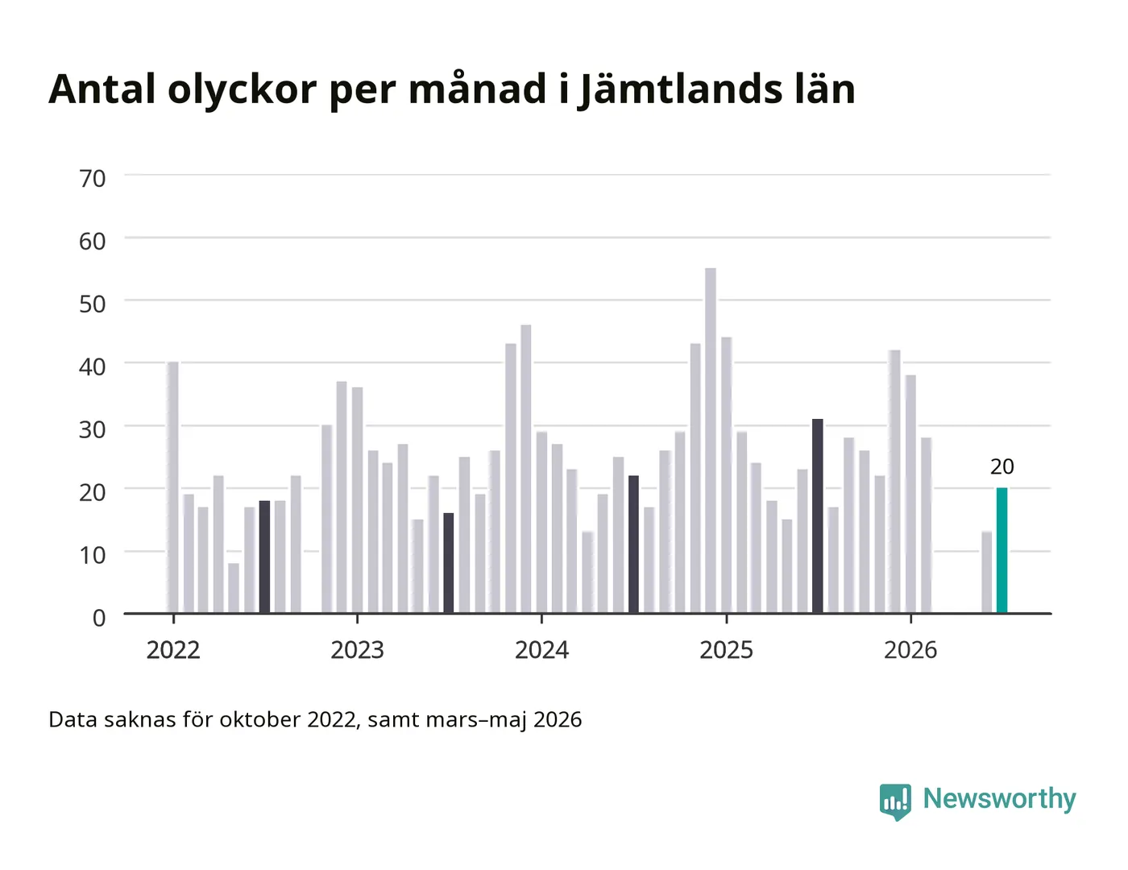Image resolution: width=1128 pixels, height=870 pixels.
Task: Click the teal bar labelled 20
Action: [x=1002, y=550]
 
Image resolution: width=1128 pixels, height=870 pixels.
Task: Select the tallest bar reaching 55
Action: [x=710, y=441]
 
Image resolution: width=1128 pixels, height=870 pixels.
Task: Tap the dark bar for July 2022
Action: [x=264, y=557]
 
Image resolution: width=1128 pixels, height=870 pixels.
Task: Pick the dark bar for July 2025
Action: [x=817, y=516]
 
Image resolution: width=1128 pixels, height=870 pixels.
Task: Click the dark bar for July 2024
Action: [x=633, y=545]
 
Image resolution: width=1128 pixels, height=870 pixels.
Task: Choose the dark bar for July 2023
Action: [x=449, y=563]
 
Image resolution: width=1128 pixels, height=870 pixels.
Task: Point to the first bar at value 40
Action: [x=173, y=487]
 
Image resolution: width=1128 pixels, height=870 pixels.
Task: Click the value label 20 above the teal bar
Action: [x=1002, y=467]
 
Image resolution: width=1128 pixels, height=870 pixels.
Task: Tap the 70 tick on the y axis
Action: [x=93, y=179]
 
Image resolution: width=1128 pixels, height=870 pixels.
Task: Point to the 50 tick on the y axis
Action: [x=93, y=304]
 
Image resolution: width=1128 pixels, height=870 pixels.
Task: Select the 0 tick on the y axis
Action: [x=99, y=618]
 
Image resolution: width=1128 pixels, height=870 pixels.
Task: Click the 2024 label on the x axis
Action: [x=541, y=650]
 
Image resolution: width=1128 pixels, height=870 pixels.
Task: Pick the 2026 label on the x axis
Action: [x=910, y=650]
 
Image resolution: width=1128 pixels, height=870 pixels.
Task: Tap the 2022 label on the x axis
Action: [x=173, y=650]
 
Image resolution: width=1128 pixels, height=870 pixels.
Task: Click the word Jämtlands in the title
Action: [x=680, y=89]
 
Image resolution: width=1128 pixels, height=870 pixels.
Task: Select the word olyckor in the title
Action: [x=242, y=89]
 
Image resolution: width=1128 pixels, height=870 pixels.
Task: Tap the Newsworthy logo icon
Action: [x=895, y=802]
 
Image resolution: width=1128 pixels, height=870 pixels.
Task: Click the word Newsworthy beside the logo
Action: [x=1000, y=799]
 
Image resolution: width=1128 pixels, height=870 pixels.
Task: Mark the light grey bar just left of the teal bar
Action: [x=986, y=572]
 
